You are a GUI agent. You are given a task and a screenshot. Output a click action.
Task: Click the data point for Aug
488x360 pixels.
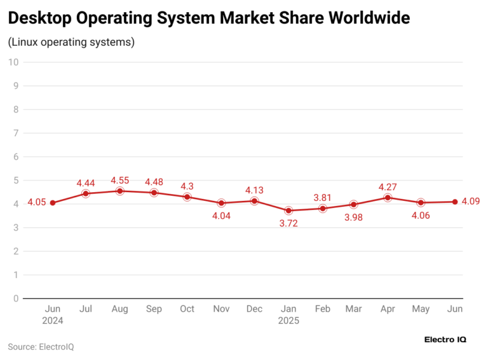[119, 191]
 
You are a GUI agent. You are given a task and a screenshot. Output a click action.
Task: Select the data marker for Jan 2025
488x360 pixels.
[289, 211]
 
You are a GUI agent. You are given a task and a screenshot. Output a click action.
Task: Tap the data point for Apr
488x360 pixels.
[388, 197]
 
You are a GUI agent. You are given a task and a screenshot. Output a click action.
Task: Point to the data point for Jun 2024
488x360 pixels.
[52, 203]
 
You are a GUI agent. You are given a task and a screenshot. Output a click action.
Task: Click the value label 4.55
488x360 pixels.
[121, 181]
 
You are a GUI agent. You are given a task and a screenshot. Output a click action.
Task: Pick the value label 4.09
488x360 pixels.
[471, 202]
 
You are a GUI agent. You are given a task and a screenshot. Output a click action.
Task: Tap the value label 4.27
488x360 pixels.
[388, 187]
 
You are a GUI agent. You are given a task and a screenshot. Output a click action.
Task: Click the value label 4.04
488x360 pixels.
[221, 216]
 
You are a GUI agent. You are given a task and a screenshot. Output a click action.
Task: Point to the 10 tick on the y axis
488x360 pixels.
[13, 62]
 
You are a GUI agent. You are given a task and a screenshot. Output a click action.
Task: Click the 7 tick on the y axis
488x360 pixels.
[15, 133]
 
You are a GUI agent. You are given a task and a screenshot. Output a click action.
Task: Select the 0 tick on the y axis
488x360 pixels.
[15, 298]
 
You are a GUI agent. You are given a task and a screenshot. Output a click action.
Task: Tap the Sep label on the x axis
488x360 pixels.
[153, 309]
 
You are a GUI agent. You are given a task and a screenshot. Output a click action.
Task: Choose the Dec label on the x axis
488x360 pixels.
[255, 309]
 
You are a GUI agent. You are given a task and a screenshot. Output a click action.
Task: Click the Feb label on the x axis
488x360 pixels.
[323, 309]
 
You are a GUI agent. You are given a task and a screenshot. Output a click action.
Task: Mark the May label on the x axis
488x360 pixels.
[421, 309]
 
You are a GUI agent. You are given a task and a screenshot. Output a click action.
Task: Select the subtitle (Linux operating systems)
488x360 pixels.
[71, 43]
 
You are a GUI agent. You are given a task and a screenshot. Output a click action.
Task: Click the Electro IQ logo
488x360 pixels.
[445, 340]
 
